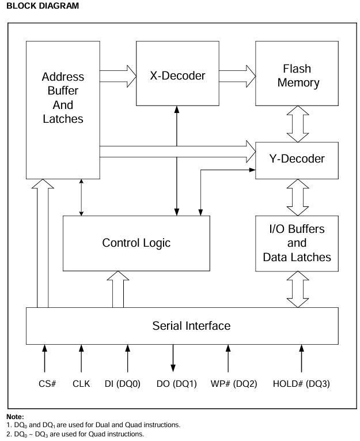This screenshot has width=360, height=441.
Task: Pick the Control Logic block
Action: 136,243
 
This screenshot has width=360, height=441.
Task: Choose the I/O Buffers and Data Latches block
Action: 297,243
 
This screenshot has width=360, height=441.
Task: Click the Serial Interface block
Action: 183,326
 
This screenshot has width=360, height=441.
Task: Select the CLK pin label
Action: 81,383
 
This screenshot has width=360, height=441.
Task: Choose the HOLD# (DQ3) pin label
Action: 301,383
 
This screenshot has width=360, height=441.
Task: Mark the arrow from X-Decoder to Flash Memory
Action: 236,73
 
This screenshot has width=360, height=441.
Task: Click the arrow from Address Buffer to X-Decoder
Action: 118,73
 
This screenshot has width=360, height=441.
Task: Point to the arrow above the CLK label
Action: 81,358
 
